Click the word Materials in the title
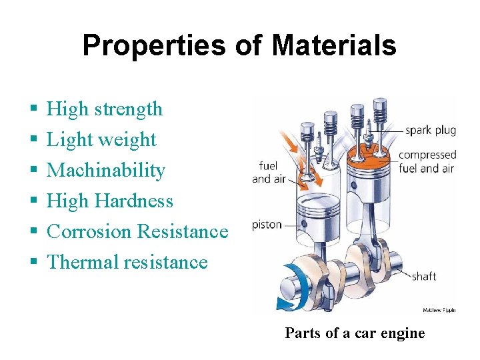[x=334, y=46]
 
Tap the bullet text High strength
[x=105, y=109]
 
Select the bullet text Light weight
[x=101, y=139]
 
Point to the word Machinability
[x=106, y=170]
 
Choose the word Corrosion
[x=89, y=231]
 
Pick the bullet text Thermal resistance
[x=127, y=262]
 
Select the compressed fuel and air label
[x=427, y=161]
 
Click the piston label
[x=267, y=225]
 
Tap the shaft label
[x=424, y=275]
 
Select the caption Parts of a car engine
[x=355, y=333]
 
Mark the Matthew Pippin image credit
[x=439, y=310]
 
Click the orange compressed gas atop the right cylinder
[x=369, y=151]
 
